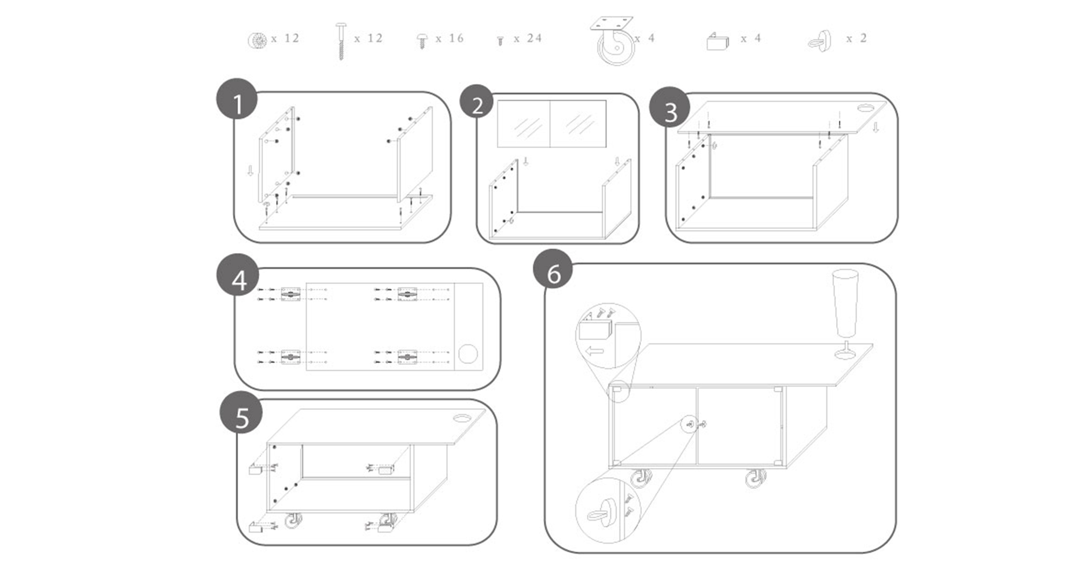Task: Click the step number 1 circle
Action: click(237, 99)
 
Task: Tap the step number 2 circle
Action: click(476, 102)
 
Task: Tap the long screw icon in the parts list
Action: click(341, 41)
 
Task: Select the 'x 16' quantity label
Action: click(449, 38)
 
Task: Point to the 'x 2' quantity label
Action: click(856, 38)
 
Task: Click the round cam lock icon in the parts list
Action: click(257, 40)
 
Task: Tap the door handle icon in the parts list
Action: click(820, 40)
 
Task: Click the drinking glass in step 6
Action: click(845, 313)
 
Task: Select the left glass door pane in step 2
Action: click(523, 124)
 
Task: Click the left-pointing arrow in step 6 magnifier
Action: click(594, 351)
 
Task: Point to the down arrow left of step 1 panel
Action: click(250, 171)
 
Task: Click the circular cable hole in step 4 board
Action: click(468, 354)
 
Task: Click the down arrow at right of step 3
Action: click(876, 127)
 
